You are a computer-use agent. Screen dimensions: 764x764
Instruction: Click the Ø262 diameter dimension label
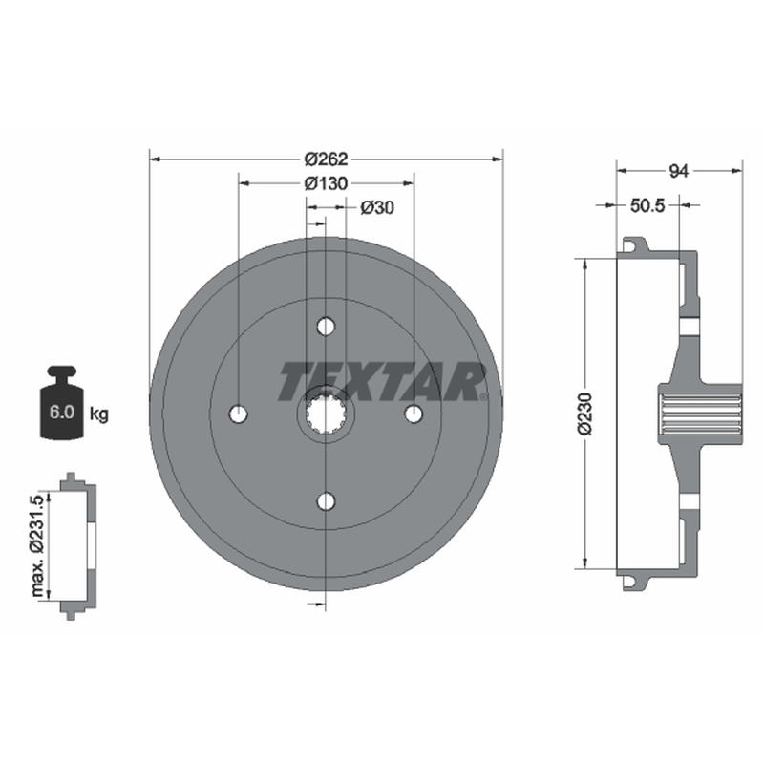click(326, 159)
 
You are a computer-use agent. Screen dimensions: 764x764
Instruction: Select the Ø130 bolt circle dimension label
click(326, 183)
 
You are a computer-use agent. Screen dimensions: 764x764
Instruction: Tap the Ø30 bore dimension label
click(377, 208)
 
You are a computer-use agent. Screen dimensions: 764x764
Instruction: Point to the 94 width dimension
click(679, 171)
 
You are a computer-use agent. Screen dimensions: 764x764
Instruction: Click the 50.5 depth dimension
click(647, 205)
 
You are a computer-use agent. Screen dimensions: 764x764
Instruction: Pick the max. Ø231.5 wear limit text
click(37, 545)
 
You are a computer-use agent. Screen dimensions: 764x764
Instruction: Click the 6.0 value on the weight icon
click(61, 413)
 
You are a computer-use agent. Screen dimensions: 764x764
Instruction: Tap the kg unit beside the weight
click(99, 414)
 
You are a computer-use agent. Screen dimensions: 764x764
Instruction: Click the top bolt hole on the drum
click(326, 327)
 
